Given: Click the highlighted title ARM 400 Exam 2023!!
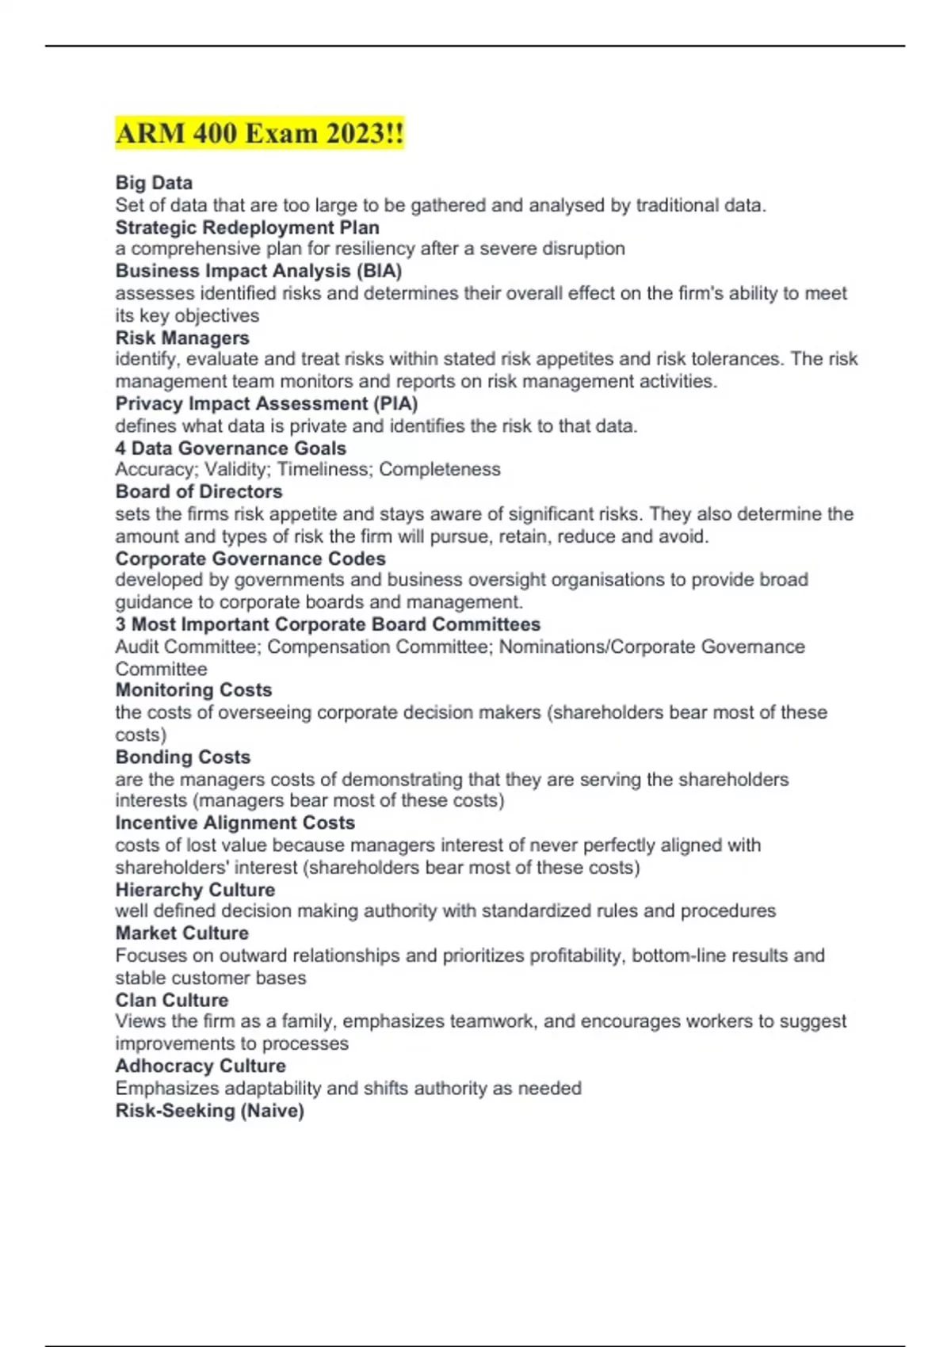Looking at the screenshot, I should coord(259,133).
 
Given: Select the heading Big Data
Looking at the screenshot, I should coord(154,183).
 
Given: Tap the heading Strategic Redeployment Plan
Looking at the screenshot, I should coord(247,227).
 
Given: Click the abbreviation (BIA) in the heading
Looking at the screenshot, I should coord(379,271).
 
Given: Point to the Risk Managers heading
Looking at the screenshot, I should coord(182,338).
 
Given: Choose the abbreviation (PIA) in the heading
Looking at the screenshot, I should coord(395,403).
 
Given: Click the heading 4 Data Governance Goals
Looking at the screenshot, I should coord(231,448).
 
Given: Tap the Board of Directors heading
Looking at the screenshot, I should coord(199,491).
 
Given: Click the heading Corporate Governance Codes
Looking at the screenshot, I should coord(250,559).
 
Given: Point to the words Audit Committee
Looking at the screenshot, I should coord(186,647).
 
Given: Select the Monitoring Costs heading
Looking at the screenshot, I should coord(193,690).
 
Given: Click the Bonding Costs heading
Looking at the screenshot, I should coord(182,757).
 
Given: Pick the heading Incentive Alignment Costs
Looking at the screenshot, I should coord(235,822).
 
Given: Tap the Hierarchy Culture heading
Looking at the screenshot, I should coord(195,890).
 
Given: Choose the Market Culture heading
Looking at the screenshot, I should coord(181,933).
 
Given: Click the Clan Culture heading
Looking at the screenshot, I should coord(171,1000).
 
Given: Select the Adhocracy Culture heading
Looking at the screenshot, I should coord(201,1066).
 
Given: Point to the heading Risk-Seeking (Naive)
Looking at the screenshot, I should coord(209,1111).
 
